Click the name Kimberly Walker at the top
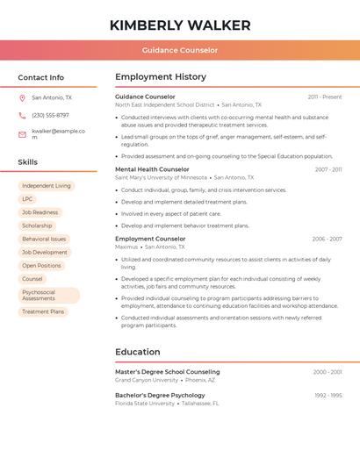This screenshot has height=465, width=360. point(180,25)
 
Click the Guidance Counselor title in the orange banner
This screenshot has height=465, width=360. point(180,50)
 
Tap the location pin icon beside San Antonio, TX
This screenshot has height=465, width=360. point(22,98)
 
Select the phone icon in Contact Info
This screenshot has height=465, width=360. point(22,116)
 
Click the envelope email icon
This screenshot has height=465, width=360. point(22,133)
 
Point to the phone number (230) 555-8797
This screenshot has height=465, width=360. point(50,116)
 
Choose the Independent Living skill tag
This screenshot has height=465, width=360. point(47,186)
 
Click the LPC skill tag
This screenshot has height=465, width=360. point(27,199)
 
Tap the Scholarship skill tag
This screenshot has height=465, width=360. point(37,225)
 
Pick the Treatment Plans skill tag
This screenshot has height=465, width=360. point(43,311)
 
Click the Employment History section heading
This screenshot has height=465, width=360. point(161,77)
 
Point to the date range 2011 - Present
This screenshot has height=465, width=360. point(325,97)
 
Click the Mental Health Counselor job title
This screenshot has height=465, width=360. point(152,169)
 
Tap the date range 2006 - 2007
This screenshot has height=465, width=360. point(327,239)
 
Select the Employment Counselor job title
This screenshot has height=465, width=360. point(150,239)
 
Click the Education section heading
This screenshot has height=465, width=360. point(138,352)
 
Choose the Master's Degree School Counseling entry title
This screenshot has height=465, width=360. point(167,372)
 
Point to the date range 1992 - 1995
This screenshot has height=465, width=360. point(328,396)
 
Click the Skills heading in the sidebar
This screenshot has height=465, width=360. point(27,162)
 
